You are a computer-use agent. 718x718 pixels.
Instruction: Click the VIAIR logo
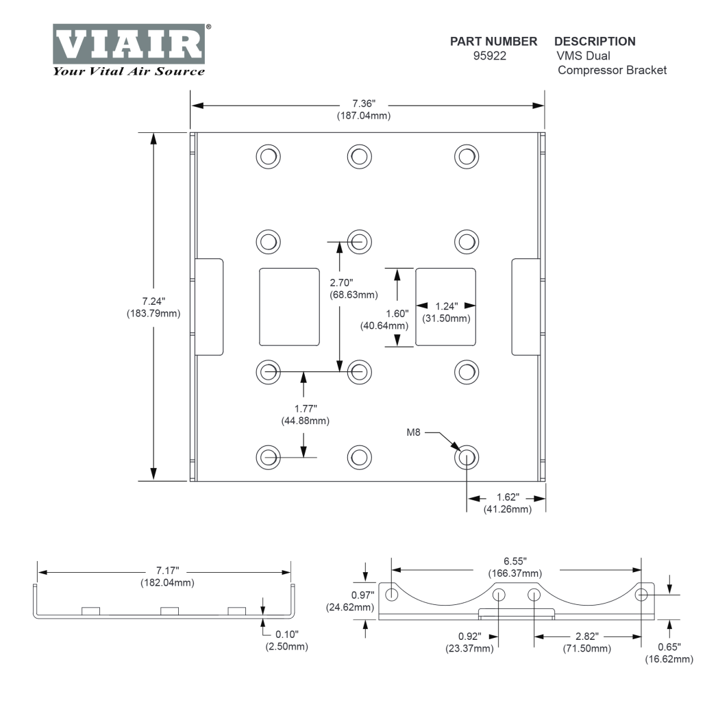pyautogui.click(x=128, y=44)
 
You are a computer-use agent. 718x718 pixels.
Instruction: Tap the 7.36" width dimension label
pyautogui.click(x=363, y=104)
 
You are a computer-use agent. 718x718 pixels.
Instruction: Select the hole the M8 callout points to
pyautogui.click(x=467, y=456)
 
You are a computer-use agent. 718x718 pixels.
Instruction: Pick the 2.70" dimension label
pyautogui.click(x=340, y=281)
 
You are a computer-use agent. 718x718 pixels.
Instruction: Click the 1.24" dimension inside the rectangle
pyautogui.click(x=446, y=306)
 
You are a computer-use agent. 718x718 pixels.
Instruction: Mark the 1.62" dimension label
pyautogui.click(x=506, y=496)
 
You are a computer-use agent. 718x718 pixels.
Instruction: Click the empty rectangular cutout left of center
pyautogui.click(x=289, y=306)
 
